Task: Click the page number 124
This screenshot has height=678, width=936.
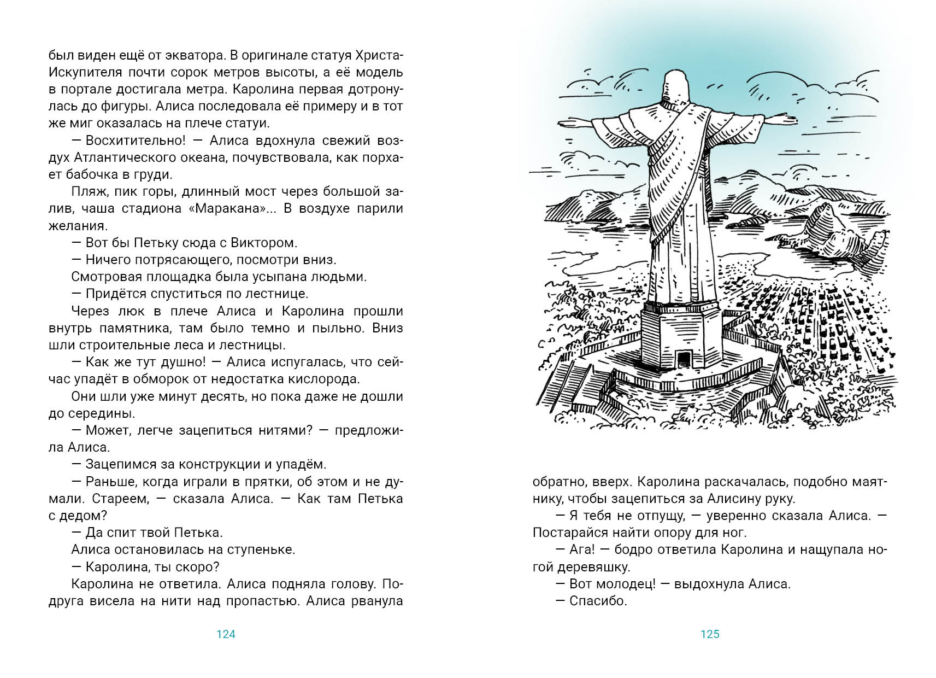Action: (x=226, y=634)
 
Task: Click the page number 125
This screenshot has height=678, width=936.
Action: (x=710, y=634)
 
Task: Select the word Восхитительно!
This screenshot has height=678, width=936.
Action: (x=136, y=141)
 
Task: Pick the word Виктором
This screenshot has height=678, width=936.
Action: (x=264, y=243)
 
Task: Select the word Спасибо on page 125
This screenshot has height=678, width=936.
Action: (x=598, y=601)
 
